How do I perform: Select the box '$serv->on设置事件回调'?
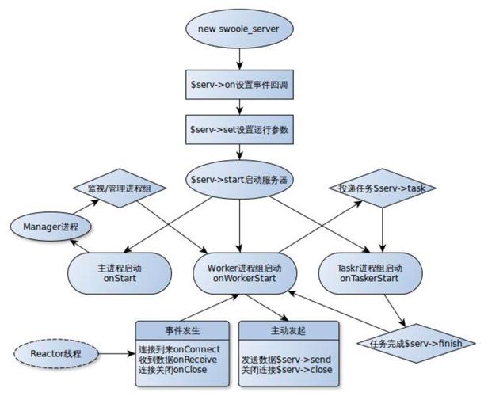pyautogui.click(x=238, y=86)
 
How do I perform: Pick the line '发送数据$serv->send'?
pyautogui.click(x=285, y=360)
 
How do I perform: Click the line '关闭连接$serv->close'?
pyautogui.click(x=285, y=371)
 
